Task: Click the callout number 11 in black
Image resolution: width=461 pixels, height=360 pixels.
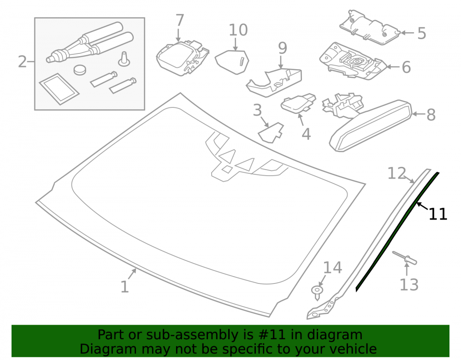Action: click(x=438, y=214)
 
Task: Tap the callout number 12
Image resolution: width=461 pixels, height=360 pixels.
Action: click(x=396, y=173)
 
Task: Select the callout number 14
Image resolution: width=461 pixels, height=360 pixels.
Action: click(x=332, y=267)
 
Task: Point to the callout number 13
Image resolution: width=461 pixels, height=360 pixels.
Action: click(x=409, y=284)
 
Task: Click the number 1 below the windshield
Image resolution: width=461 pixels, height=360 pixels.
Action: click(x=124, y=287)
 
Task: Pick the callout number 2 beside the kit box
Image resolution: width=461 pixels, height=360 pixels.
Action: click(x=22, y=62)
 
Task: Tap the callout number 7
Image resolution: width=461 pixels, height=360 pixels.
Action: click(x=180, y=20)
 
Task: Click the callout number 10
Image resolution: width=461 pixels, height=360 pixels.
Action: click(x=238, y=30)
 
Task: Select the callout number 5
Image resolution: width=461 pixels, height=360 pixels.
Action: click(x=422, y=33)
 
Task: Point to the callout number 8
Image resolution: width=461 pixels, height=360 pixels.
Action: click(x=431, y=115)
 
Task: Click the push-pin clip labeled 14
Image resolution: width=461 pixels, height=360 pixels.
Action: click(x=317, y=293)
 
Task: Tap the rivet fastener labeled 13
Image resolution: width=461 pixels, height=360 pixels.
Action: click(x=405, y=257)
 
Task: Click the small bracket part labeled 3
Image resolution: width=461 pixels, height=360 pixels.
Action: click(x=271, y=133)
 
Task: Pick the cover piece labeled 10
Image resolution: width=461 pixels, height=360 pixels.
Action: click(x=232, y=62)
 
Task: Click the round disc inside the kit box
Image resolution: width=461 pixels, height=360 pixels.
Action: click(x=80, y=70)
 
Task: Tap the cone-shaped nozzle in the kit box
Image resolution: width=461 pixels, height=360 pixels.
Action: click(x=124, y=59)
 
